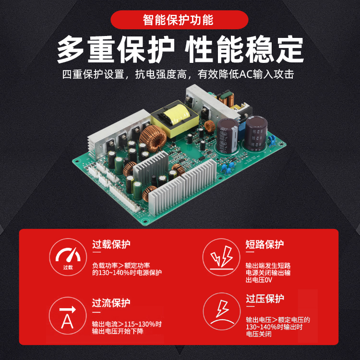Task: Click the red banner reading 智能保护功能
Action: click(180, 20)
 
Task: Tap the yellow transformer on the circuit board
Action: click(175, 119)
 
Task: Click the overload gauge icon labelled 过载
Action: click(68, 257)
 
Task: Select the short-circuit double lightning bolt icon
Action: click(221, 257)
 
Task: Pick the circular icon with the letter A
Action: click(68, 316)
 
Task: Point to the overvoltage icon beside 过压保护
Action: click(222, 312)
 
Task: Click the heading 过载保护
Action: click(111, 244)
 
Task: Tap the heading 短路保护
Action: click(264, 244)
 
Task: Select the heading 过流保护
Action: click(111, 303)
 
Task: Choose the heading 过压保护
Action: click(265, 299)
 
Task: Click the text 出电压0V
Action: click(259, 280)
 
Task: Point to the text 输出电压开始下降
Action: click(118, 331)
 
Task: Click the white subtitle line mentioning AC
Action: click(178, 74)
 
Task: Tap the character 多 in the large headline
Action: click(71, 49)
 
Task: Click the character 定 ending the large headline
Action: click(290, 49)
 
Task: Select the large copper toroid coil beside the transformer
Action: click(153, 138)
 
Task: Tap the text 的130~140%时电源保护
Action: click(127, 273)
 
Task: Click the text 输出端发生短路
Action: click(268, 265)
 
